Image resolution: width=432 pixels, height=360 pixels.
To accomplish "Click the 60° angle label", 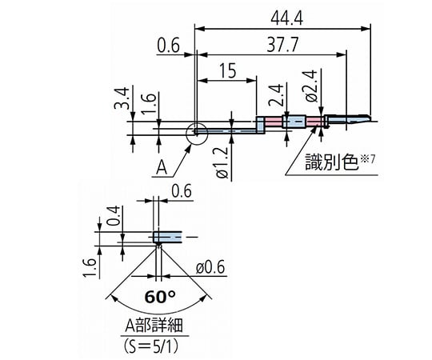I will coord(160,296).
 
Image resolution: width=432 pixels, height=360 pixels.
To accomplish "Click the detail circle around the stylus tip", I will coord(194,133).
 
